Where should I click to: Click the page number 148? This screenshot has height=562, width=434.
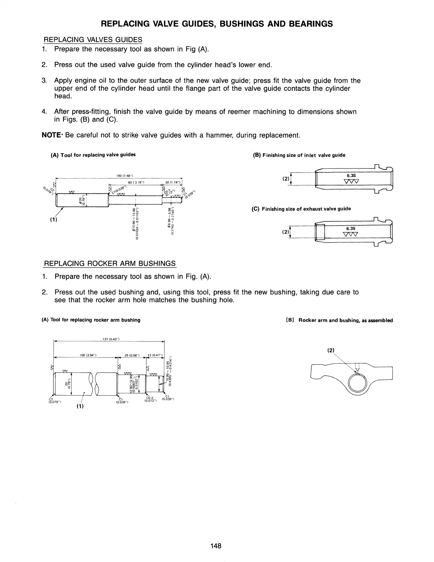point(215,546)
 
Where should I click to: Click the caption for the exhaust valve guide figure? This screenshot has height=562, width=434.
point(301,209)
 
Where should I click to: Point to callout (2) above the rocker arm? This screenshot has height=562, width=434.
point(330,350)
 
